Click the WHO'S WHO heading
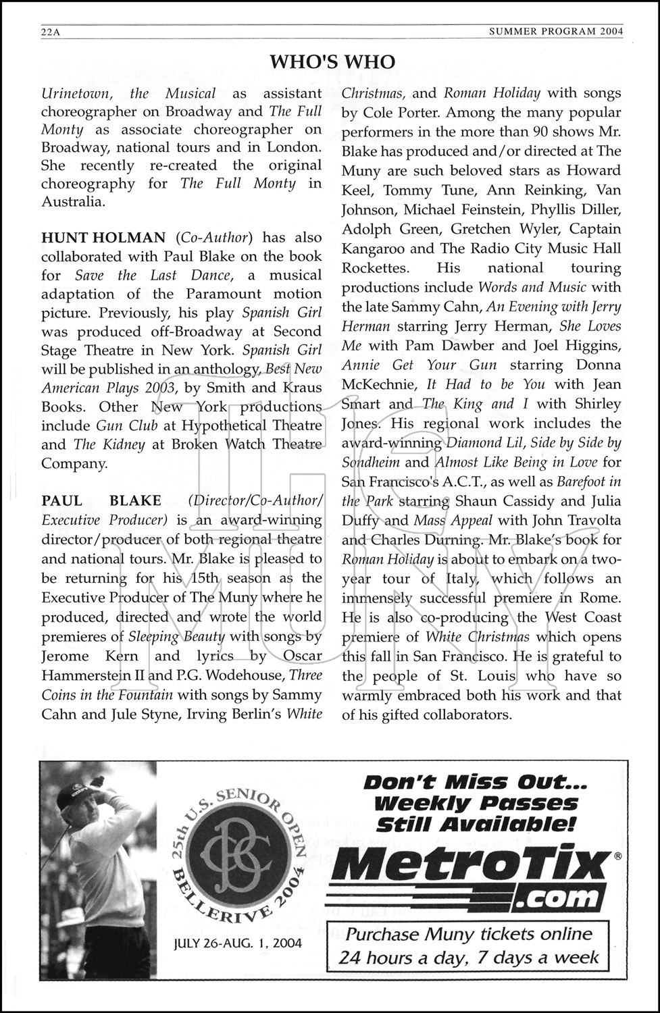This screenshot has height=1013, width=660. click(332, 62)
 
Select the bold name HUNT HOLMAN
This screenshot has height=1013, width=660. click(103, 238)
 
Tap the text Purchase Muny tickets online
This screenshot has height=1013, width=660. click(469, 935)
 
